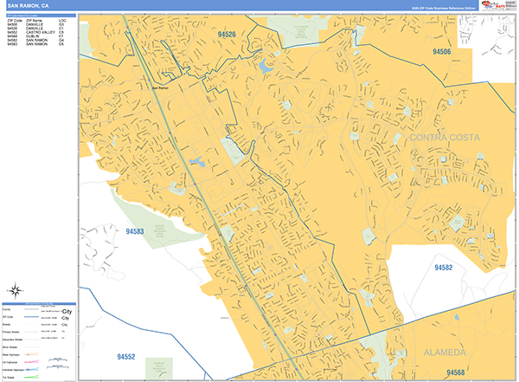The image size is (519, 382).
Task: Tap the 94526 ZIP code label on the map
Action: (x=227, y=34)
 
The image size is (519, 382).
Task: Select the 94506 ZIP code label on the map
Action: (x=442, y=52)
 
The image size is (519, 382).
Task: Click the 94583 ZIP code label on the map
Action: (x=134, y=231)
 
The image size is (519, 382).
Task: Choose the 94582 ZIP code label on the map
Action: (x=441, y=269)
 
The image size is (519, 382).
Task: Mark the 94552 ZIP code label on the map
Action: (x=126, y=356)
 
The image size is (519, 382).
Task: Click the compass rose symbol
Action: (x=16, y=290)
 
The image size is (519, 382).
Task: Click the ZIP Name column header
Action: (x=35, y=19)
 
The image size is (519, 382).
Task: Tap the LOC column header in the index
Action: (x=62, y=19)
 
